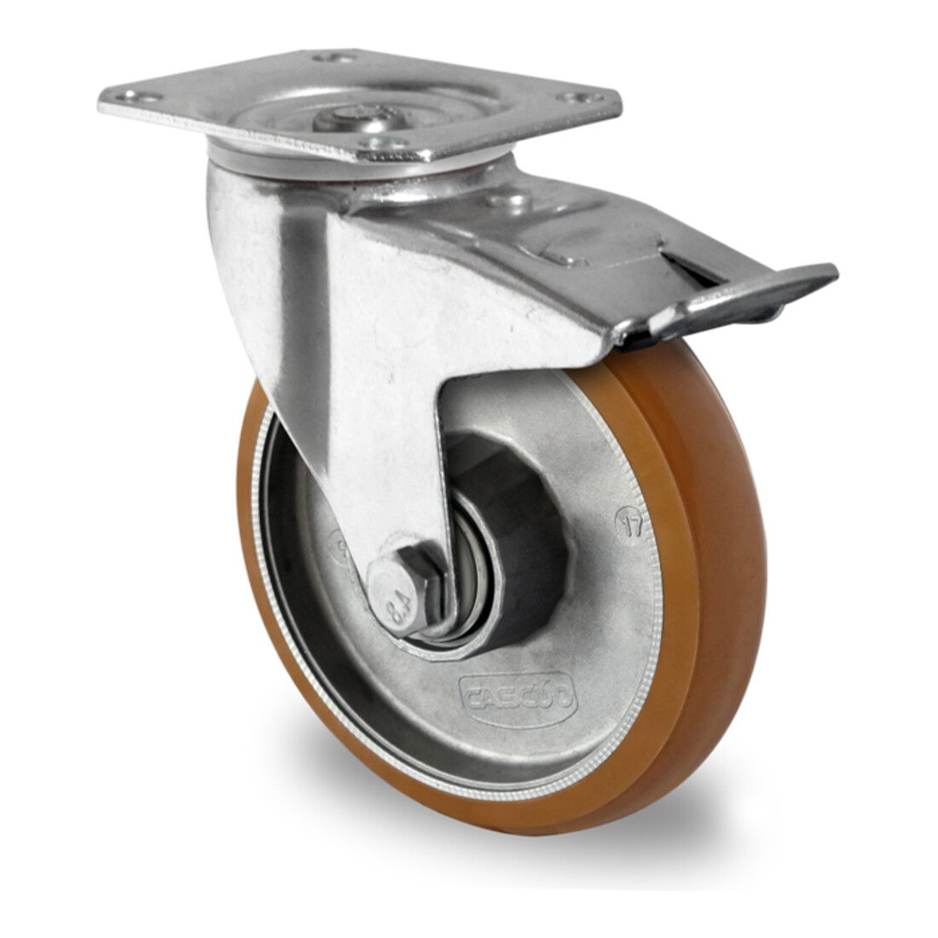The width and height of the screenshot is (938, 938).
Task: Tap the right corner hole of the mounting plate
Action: [x=582, y=97]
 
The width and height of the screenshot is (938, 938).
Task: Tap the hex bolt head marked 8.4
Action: [x=400, y=589]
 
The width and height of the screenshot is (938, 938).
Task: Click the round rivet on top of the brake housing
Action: [x=509, y=201]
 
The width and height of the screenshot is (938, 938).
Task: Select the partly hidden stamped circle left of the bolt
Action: [x=339, y=546]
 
